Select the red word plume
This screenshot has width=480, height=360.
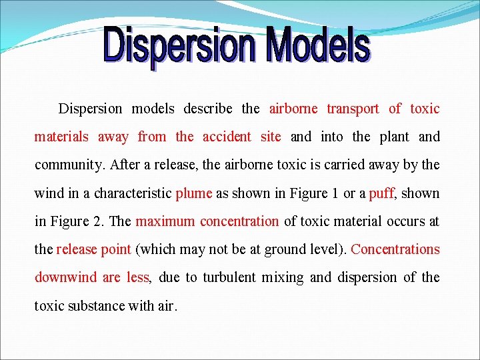(x=193, y=193)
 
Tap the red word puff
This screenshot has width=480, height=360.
(x=381, y=193)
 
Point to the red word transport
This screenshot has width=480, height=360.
(x=353, y=109)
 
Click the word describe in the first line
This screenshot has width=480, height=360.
(x=208, y=109)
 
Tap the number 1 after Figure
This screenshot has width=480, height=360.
(x=334, y=193)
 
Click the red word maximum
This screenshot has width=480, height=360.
(x=165, y=221)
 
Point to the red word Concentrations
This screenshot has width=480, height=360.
(x=395, y=249)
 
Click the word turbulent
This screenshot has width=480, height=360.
(x=233, y=277)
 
